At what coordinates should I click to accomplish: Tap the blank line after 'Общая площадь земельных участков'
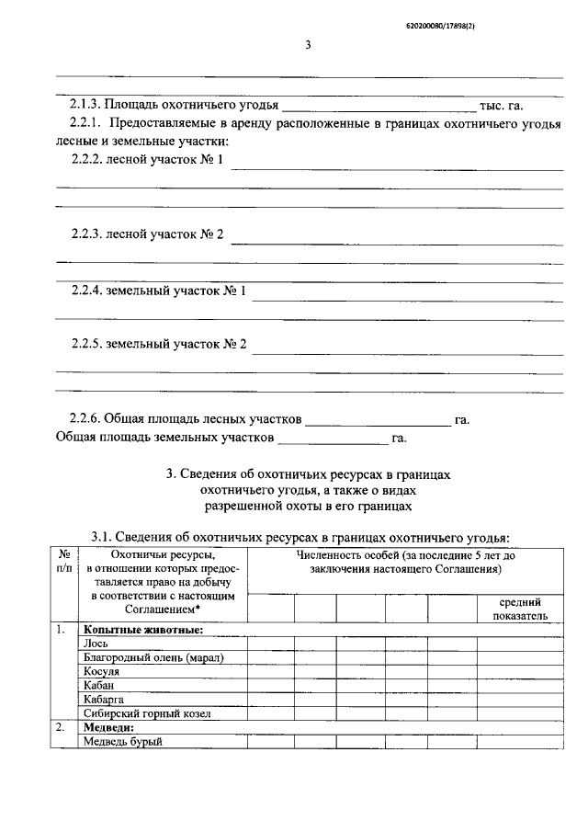point(334,438)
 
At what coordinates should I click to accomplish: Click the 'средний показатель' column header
point(519,608)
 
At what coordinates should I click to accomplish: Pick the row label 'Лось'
point(96,644)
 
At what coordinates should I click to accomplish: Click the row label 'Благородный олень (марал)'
point(153,657)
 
